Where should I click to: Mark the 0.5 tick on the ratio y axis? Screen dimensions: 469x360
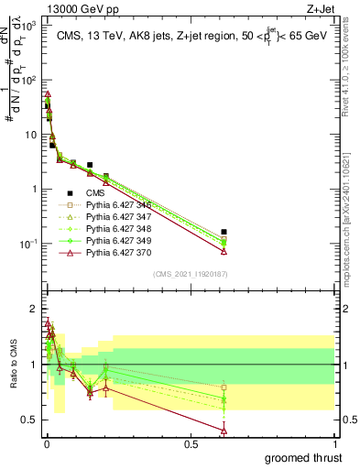click(x=27, y=420)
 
